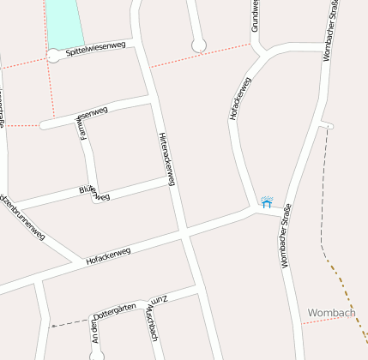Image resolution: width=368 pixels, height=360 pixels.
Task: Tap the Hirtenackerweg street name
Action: click(167, 160)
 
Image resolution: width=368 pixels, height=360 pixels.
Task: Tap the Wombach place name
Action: click(330, 313)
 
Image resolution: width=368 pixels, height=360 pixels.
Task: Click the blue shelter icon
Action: click(267, 201)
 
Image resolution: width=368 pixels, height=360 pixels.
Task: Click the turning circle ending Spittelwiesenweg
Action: click(54, 57)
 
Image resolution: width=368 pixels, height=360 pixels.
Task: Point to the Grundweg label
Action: click(256, 15)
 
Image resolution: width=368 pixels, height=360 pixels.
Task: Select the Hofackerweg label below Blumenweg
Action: click(108, 255)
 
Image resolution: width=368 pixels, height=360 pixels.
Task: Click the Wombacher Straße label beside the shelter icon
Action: click(287, 236)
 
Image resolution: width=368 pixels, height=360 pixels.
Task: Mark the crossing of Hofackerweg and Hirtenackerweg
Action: click(184, 232)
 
